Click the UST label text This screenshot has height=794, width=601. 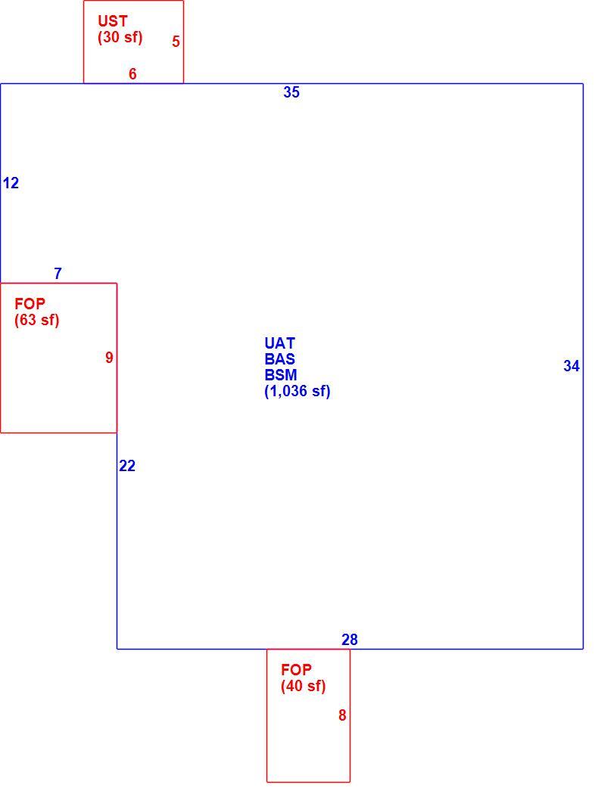coord(113,21)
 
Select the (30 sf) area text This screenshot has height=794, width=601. coord(120,38)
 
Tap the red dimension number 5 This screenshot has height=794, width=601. coord(176,42)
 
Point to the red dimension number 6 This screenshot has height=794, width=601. coord(132,74)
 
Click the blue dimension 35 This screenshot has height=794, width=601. coord(291,92)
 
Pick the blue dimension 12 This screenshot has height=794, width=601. coord(11,183)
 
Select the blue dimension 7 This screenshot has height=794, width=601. coord(58,274)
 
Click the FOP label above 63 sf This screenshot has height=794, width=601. coord(30,304)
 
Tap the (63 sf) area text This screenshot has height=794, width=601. coord(37,320)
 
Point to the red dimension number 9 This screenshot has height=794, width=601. coord(109,358)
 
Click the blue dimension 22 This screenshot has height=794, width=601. coord(127,466)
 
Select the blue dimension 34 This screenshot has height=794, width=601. coord(571,366)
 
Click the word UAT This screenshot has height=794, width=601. coord(280,343)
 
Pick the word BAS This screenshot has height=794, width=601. coord(280,359)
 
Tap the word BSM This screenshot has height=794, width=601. coord(281,375)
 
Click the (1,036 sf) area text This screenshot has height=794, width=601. coord(297,392)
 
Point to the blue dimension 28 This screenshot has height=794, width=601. coord(350,640)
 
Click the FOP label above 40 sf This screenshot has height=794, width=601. coord(297,670)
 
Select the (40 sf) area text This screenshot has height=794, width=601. coord(303,686)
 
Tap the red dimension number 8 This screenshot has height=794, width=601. coord(342,715)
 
